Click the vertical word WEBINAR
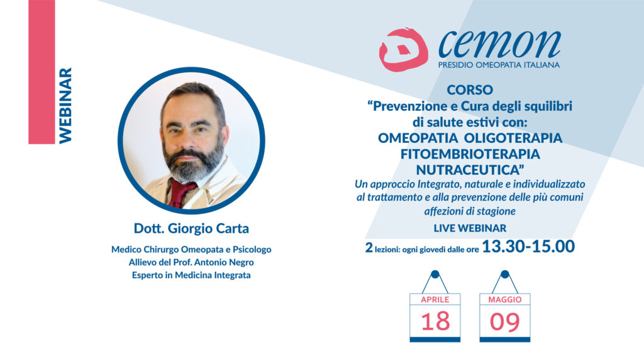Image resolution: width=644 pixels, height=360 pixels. pyautogui.click(x=65, y=106)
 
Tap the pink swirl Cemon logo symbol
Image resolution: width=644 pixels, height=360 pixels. pyautogui.click(x=403, y=49)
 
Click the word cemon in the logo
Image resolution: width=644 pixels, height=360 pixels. pyautogui.click(x=499, y=43)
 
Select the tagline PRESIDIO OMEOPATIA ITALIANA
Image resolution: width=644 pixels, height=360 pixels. pyautogui.click(x=499, y=65)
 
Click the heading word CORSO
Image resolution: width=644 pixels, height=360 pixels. pyautogui.click(x=470, y=89)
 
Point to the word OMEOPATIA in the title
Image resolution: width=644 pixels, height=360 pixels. pyautogui.click(x=418, y=138)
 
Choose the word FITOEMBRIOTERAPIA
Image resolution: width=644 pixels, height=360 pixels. pyautogui.click(x=470, y=154)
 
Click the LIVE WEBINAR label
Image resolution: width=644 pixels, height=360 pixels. pyautogui.click(x=470, y=228)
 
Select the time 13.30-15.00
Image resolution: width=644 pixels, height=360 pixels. pyautogui.click(x=528, y=247)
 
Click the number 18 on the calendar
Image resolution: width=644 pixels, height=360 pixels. pyautogui.click(x=435, y=322)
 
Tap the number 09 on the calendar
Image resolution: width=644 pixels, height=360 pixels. pyautogui.click(x=505, y=322)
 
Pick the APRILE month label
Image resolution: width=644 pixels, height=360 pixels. pyautogui.click(x=435, y=300)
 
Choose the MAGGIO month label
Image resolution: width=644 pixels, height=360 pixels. pyautogui.click(x=505, y=300)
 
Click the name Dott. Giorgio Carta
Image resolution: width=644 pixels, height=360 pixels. pyautogui.click(x=191, y=228)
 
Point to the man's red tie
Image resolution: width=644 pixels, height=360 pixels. pyautogui.click(x=179, y=192)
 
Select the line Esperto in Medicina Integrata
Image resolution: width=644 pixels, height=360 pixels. pyautogui.click(x=191, y=275)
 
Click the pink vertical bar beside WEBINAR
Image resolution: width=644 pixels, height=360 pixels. pyautogui.click(x=42, y=72)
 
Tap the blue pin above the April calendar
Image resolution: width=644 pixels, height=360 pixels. pyautogui.click(x=435, y=274)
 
